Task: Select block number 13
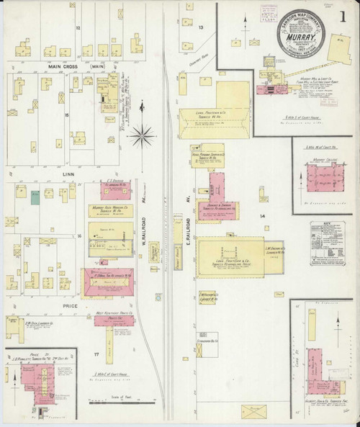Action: pyautogui.click(x=202, y=27)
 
